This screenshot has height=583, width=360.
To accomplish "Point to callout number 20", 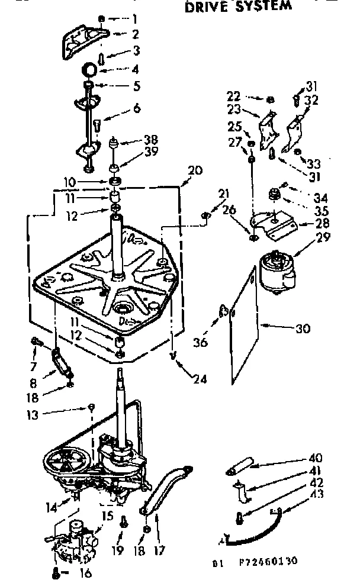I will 195,170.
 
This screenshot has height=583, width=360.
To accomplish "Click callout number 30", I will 303,329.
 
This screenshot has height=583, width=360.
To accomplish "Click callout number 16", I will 86,573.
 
